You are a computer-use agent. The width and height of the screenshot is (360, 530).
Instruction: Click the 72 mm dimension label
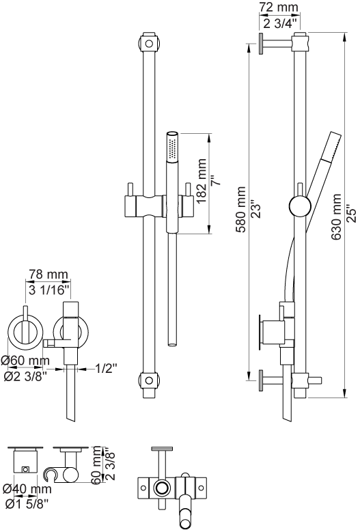point(279,7)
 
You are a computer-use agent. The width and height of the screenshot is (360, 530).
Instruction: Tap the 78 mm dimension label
point(48,274)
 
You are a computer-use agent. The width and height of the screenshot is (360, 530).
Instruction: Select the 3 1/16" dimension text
point(49,290)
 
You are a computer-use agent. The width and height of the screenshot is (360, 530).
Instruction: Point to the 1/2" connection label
point(106,368)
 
